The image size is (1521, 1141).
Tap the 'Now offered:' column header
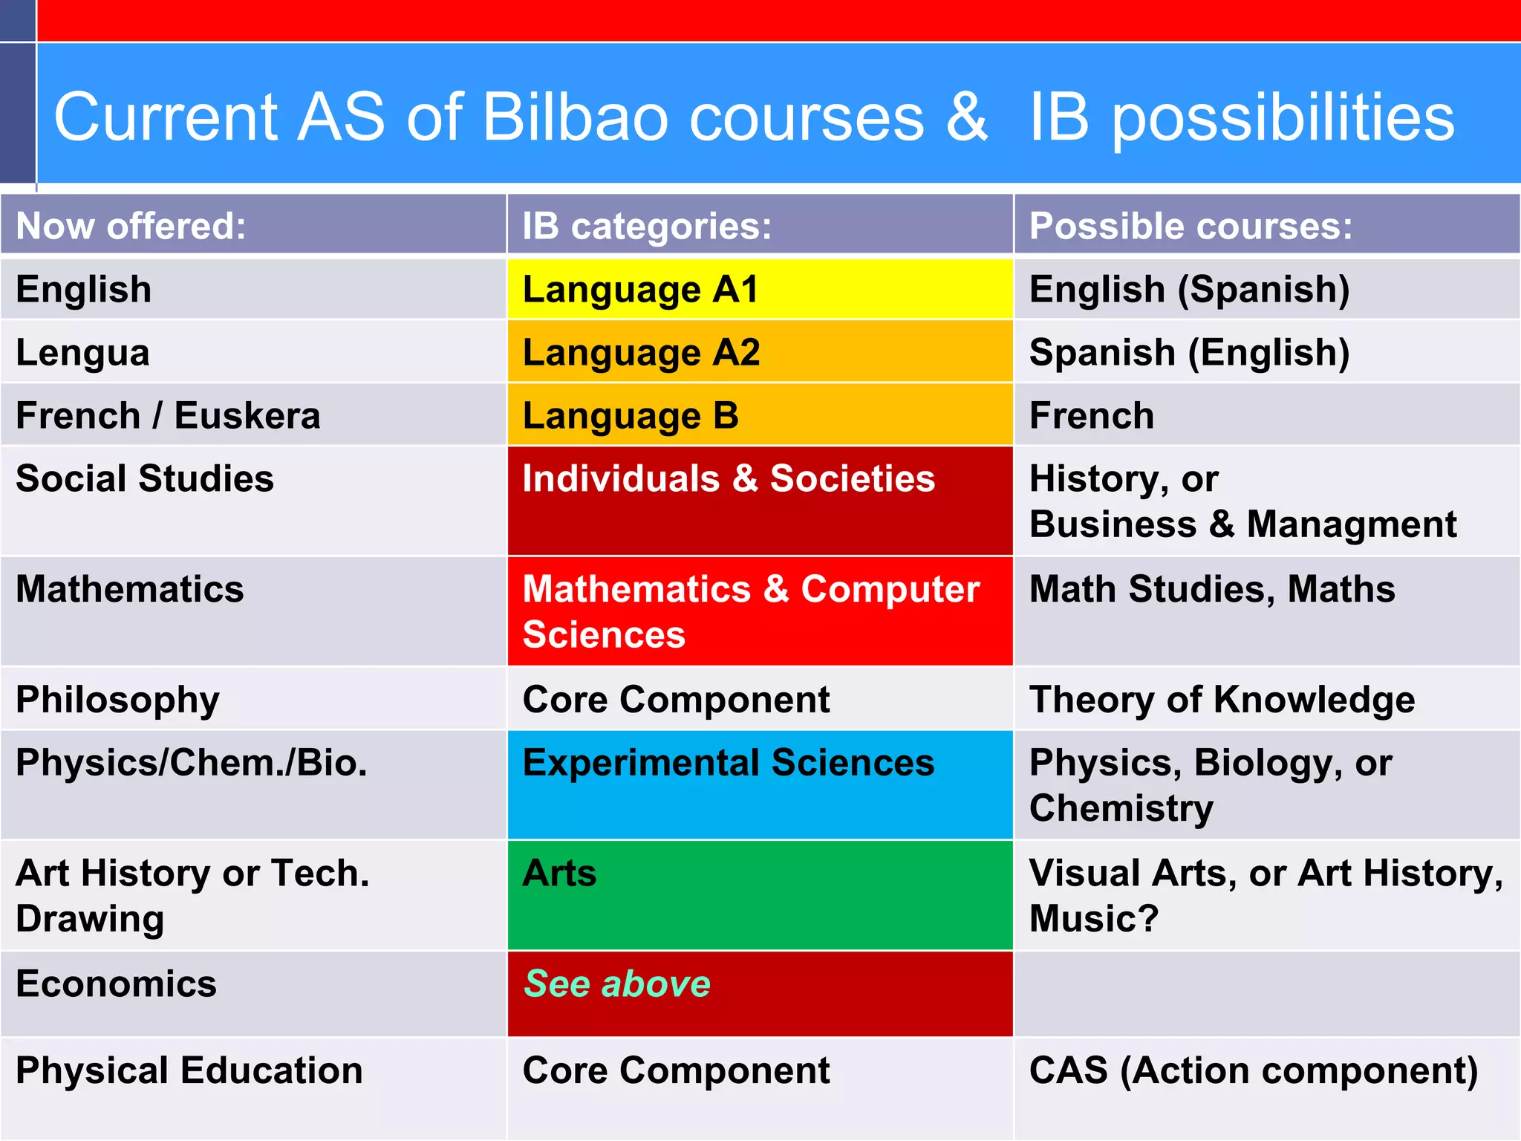point(131,226)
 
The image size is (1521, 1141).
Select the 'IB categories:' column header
point(646,226)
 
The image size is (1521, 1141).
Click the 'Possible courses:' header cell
point(1191,226)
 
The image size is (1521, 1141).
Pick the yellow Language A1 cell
point(759,289)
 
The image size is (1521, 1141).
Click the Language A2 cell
point(759,352)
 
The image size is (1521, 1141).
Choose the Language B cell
point(759,415)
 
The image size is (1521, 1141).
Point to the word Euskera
point(247,415)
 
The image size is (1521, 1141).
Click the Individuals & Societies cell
point(759,499)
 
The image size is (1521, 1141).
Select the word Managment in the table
point(1351,524)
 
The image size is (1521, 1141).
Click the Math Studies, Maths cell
point(1212,589)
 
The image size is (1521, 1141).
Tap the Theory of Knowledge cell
point(1222,700)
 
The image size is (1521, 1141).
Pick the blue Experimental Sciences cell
point(759,784)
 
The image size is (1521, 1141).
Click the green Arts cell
point(759,894)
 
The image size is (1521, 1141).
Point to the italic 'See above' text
point(617,984)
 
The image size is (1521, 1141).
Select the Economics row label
point(117,984)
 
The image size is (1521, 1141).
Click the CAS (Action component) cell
point(1254,1070)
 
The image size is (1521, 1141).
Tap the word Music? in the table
point(1093,919)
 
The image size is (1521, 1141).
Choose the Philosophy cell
point(118,700)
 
